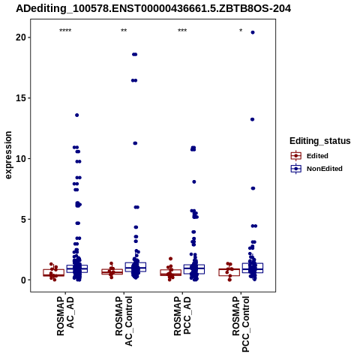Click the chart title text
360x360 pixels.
pos(153,9)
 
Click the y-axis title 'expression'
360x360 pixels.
pos(8,155)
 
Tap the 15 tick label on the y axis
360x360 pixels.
pos(21,98)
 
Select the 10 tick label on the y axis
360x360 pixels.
pos(21,159)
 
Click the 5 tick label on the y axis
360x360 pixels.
pos(23,220)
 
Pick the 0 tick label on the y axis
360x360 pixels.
pos(23,280)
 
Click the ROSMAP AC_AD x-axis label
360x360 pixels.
pos(65,316)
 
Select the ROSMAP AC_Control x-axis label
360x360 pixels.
pos(124,321)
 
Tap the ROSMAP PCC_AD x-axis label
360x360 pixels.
pos(182,316)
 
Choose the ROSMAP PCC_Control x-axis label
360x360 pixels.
pos(241,324)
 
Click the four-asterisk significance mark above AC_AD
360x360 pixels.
pos(65,31)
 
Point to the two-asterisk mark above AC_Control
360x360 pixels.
pos(124,31)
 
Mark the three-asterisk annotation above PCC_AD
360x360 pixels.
pos(182,31)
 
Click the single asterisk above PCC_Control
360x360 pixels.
pos(241,31)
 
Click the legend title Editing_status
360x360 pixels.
pos(320,141)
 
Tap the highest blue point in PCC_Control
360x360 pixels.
pos(253,32)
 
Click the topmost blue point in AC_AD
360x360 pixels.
pos(77,115)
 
